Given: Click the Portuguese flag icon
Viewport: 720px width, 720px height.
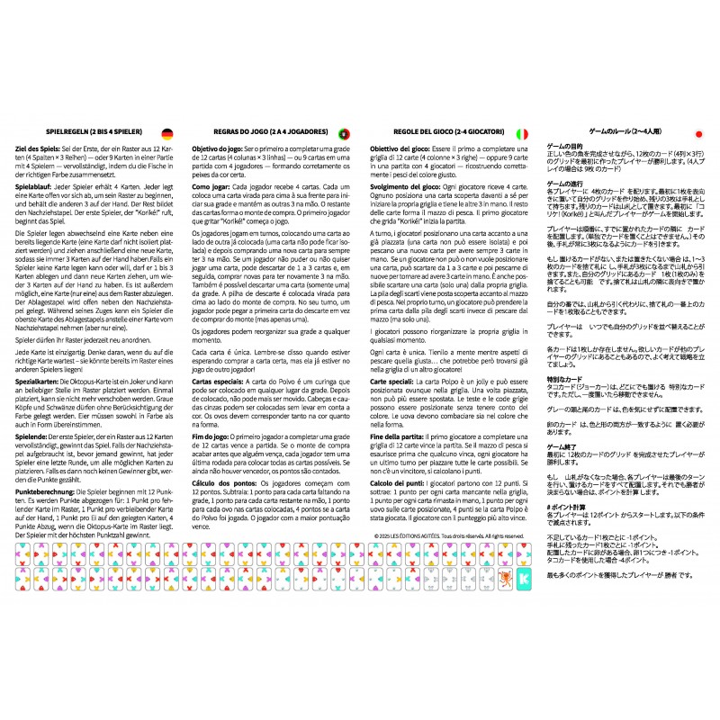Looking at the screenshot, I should [x=343, y=133].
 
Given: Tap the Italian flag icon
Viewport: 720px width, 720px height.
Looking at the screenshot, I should [x=522, y=133].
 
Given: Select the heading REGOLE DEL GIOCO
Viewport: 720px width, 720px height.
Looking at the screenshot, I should [x=442, y=132].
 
